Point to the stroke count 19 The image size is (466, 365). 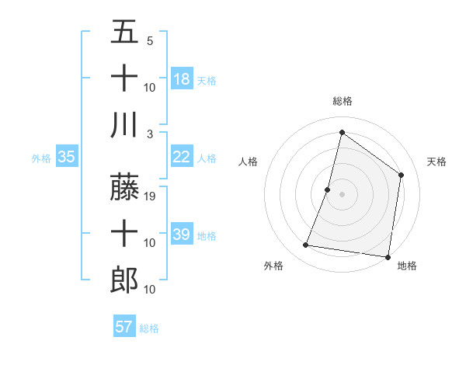(x=151, y=197)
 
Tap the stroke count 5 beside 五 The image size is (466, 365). (x=150, y=40)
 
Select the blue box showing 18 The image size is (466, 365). (x=182, y=78)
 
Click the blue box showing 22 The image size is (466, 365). (x=182, y=157)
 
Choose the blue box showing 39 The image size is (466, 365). (x=182, y=235)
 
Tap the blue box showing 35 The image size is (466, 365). (x=67, y=157)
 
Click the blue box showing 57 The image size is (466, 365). (x=124, y=327)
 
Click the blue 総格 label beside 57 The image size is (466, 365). (x=149, y=328)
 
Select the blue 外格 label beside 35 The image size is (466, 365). (x=41, y=158)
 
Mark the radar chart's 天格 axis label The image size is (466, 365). (x=437, y=162)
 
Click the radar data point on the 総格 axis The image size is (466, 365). (x=342, y=132)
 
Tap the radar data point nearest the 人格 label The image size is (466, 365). (x=328, y=189)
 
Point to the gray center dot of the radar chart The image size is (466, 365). (x=342, y=194)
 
